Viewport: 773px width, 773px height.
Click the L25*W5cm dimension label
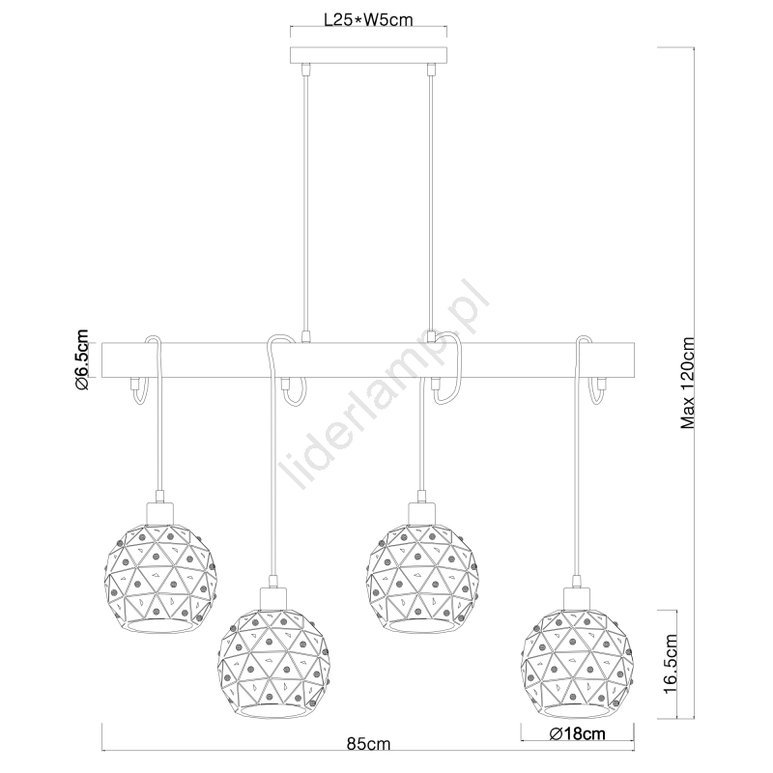tap(368, 19)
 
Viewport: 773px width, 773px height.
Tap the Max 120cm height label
tap(687, 383)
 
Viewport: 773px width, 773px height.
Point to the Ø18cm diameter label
tap(577, 734)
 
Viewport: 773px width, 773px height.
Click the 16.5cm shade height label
tap(671, 664)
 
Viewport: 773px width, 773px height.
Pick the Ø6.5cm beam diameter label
tap(82, 359)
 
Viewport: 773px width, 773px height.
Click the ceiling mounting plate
tap(368, 55)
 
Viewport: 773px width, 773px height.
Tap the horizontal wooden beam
tap(368, 360)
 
